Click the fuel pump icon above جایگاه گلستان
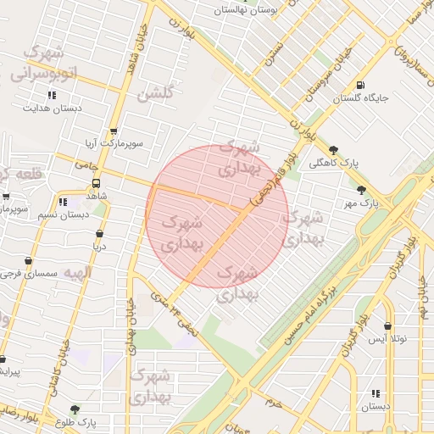point(362,85)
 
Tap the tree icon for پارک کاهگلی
point(333,149)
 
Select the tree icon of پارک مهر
point(362,190)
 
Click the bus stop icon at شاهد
point(96,183)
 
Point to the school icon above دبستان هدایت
point(52,95)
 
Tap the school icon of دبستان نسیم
point(63,202)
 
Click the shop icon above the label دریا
point(100,233)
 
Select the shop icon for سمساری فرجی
point(29,261)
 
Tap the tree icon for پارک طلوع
point(75,409)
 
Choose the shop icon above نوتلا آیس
point(388,325)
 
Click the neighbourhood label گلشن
point(154,93)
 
